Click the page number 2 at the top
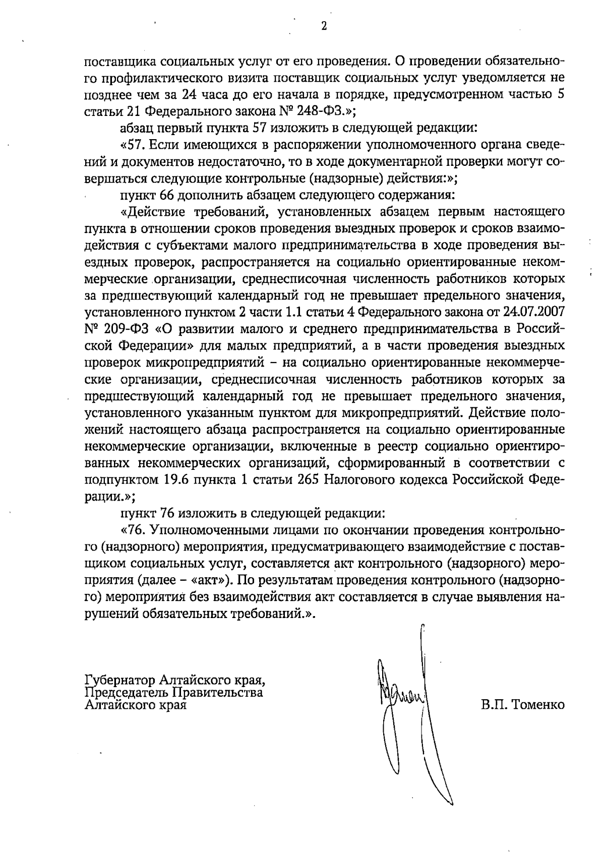pyautogui.click(x=324, y=26)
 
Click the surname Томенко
pyautogui.click(x=538, y=705)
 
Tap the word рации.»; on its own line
pyautogui.click(x=109, y=496)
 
